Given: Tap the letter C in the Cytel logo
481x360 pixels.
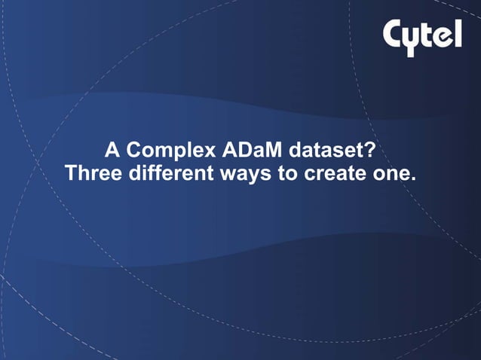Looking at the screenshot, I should [396, 33].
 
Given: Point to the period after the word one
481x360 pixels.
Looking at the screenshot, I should [412, 179].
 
